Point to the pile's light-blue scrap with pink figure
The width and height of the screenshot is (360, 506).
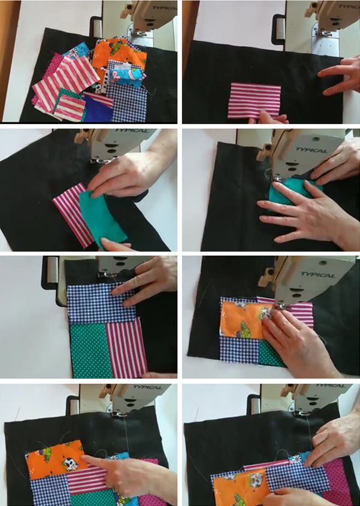[x=128, y=77]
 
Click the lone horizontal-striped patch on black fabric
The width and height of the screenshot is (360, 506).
[x=254, y=101]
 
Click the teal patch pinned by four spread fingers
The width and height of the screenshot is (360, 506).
[x=288, y=195]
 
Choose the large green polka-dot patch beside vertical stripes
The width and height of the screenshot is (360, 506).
[x=89, y=350]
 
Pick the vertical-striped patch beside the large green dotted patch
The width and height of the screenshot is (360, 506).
[x=126, y=347]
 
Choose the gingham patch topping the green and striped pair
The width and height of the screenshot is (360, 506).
[x=101, y=303]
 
